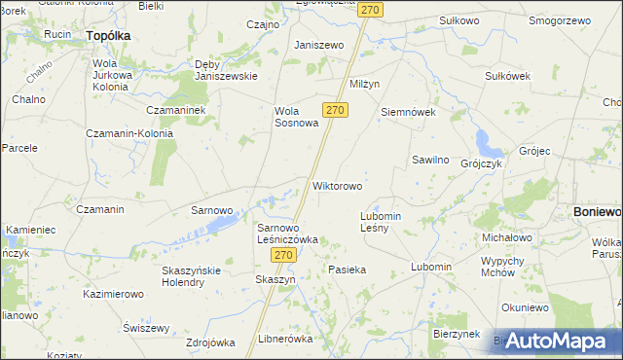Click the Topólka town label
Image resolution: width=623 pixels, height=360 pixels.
click(x=108, y=35)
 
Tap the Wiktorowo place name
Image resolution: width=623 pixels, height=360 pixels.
click(x=338, y=185)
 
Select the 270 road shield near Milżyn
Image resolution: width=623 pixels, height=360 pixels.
click(x=334, y=111)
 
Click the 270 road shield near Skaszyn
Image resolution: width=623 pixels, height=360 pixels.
click(x=282, y=255)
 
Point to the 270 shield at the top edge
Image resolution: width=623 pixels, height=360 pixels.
click(x=369, y=9)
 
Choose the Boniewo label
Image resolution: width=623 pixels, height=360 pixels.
click(x=597, y=211)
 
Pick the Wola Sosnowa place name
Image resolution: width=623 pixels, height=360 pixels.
click(x=296, y=117)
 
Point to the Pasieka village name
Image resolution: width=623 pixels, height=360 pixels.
click(x=347, y=270)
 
